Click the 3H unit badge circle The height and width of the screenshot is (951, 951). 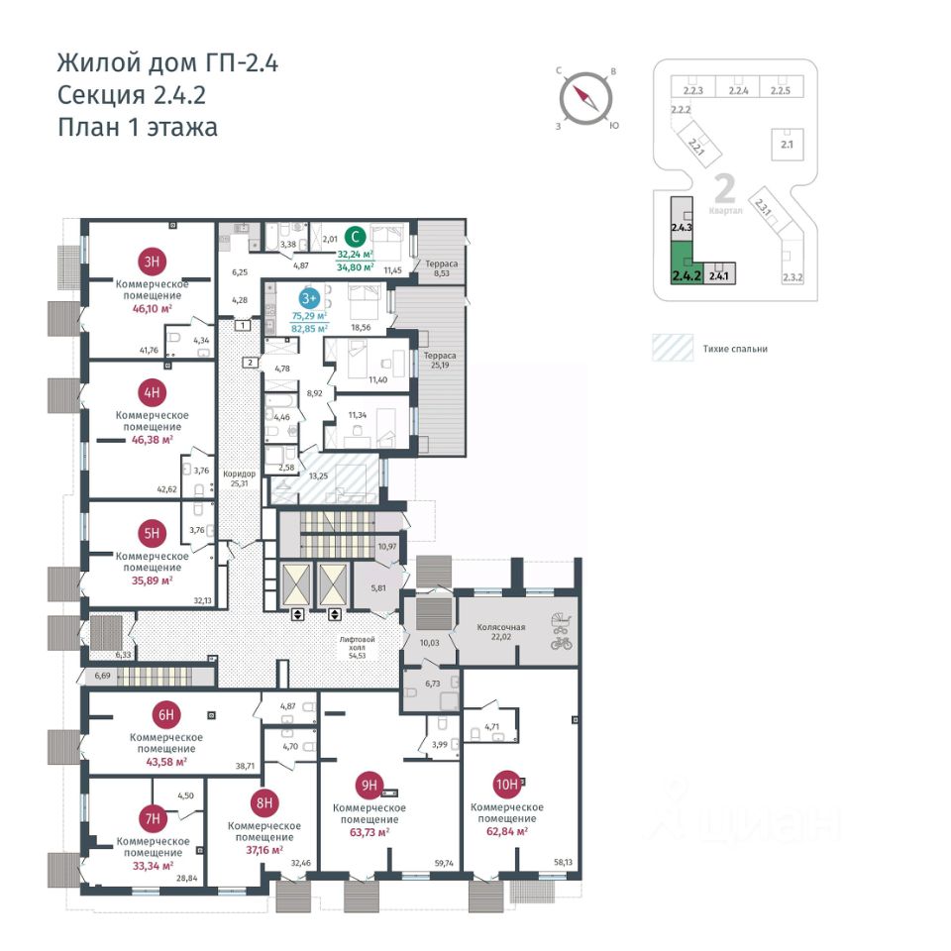tap(152, 263)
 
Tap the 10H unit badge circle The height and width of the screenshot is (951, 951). tap(507, 786)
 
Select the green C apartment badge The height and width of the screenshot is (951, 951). tap(356, 237)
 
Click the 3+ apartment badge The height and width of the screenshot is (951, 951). tap(309, 296)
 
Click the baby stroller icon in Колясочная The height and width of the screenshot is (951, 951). tap(561, 623)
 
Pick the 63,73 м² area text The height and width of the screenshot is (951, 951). tap(368, 832)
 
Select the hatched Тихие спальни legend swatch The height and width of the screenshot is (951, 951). tap(673, 349)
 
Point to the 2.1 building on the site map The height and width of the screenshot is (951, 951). tap(789, 142)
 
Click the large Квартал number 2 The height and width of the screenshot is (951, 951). tap(724, 186)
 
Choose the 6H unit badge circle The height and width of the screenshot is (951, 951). tap(165, 714)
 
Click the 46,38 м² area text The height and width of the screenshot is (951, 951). tap(152, 439)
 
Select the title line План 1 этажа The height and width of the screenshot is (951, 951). tap(137, 127)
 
